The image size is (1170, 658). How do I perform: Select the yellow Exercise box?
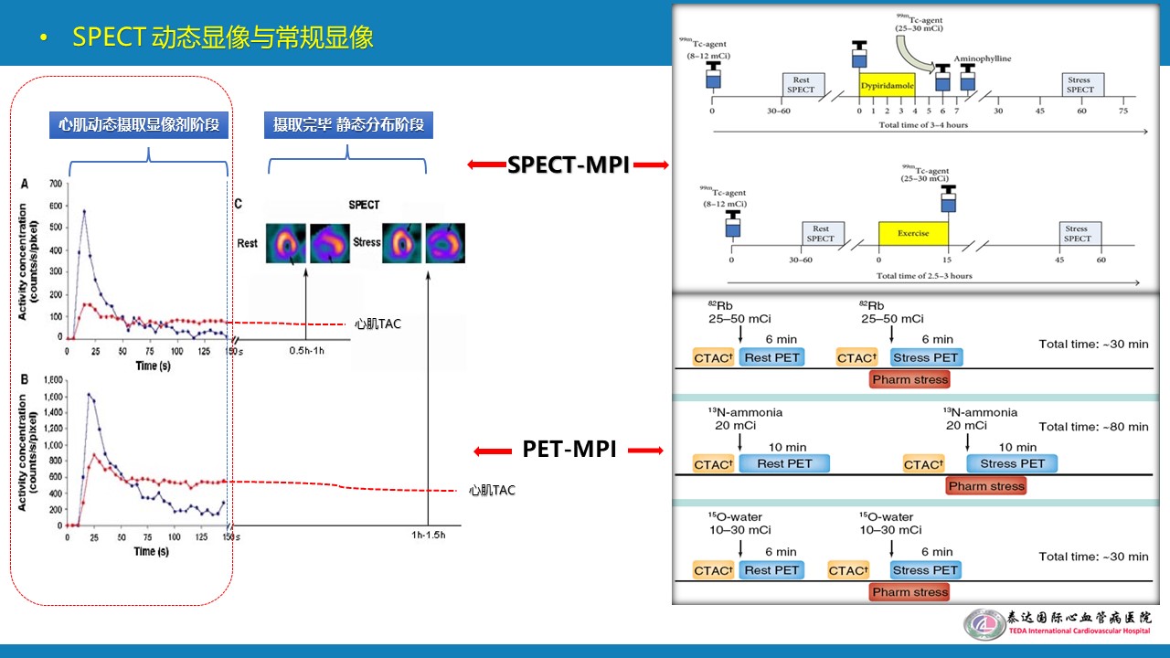(x=912, y=233)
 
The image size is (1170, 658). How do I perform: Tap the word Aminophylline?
(x=983, y=58)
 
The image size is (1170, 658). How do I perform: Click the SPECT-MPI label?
(x=568, y=164)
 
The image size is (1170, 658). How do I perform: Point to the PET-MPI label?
(x=569, y=449)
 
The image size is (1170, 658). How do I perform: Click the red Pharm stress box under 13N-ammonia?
(x=986, y=486)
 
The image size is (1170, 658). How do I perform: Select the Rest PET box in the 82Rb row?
(x=771, y=357)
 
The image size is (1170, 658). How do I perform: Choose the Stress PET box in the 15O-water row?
(x=925, y=570)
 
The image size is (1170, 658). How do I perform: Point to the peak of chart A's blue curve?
(x=84, y=211)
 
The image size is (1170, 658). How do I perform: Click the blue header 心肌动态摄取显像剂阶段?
(x=138, y=124)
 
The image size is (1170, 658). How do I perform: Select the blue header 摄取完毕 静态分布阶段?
(x=348, y=124)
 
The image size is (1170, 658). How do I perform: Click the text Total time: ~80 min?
(x=1093, y=427)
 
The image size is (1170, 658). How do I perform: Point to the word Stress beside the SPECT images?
(x=366, y=242)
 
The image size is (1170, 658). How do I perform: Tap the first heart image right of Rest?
(x=286, y=243)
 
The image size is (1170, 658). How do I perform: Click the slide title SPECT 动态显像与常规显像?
(x=223, y=38)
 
